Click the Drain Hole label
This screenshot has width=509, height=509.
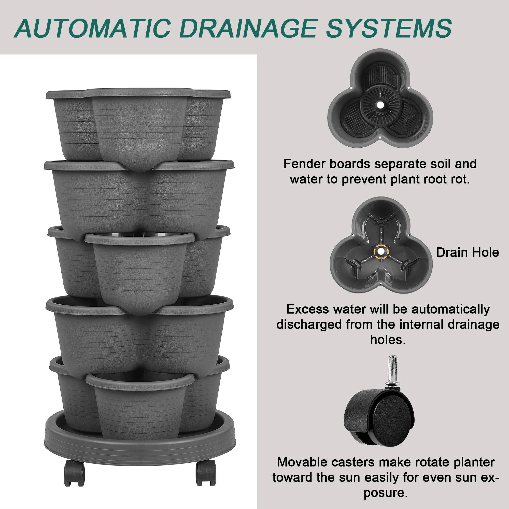coord(467,252)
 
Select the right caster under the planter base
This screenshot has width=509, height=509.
coord(206,473)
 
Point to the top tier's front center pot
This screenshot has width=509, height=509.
coord(140,121)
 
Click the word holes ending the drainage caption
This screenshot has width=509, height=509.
coord(388,340)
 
